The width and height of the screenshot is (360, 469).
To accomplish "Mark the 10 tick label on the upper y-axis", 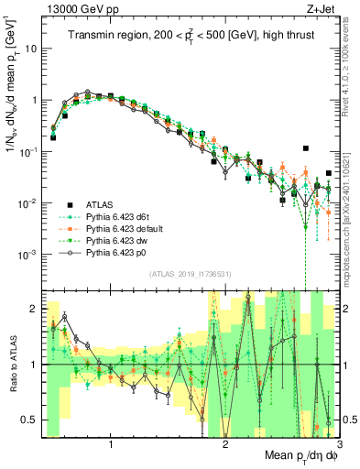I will (x=30, y=49).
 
